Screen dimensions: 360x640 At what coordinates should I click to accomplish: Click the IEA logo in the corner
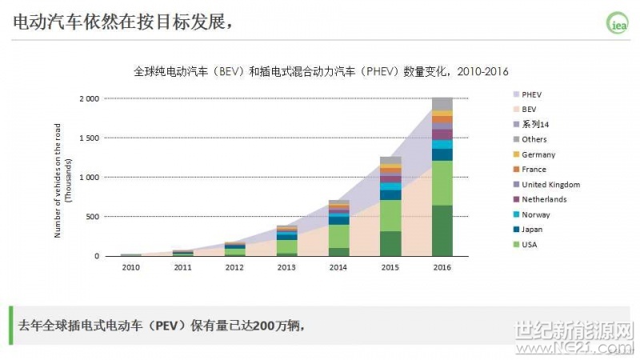[618, 24]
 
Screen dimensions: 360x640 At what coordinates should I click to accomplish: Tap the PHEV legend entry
[531, 94]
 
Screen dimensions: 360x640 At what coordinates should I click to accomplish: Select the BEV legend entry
[528, 109]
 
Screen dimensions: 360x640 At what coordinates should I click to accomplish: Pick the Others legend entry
[534, 139]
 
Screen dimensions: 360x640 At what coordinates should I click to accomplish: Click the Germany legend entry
[538, 154]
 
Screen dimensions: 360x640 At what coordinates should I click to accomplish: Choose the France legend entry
[534, 170]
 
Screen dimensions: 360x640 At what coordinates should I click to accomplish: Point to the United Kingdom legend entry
[550, 185]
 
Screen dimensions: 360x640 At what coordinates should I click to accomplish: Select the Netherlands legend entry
[543, 199]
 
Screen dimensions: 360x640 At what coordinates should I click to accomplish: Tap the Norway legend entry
[535, 214]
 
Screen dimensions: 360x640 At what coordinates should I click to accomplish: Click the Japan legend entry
[532, 230]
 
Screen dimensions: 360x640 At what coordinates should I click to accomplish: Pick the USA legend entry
[530, 244]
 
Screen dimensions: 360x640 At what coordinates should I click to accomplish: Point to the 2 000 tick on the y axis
[88, 98]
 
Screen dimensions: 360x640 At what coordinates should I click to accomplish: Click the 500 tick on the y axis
[93, 217]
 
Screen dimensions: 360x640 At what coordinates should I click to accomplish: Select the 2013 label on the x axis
[286, 268]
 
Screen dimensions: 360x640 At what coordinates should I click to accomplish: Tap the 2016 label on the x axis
[442, 268]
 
